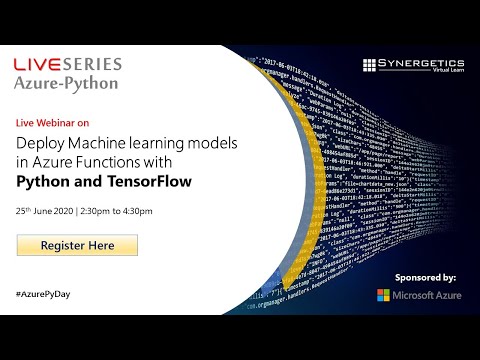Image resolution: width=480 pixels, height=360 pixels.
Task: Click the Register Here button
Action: (x=77, y=245)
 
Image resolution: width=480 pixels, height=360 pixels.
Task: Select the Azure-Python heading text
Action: (x=65, y=83)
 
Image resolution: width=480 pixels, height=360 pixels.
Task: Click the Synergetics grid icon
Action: (x=371, y=65)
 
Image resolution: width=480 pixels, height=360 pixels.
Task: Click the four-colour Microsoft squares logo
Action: (x=384, y=296)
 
